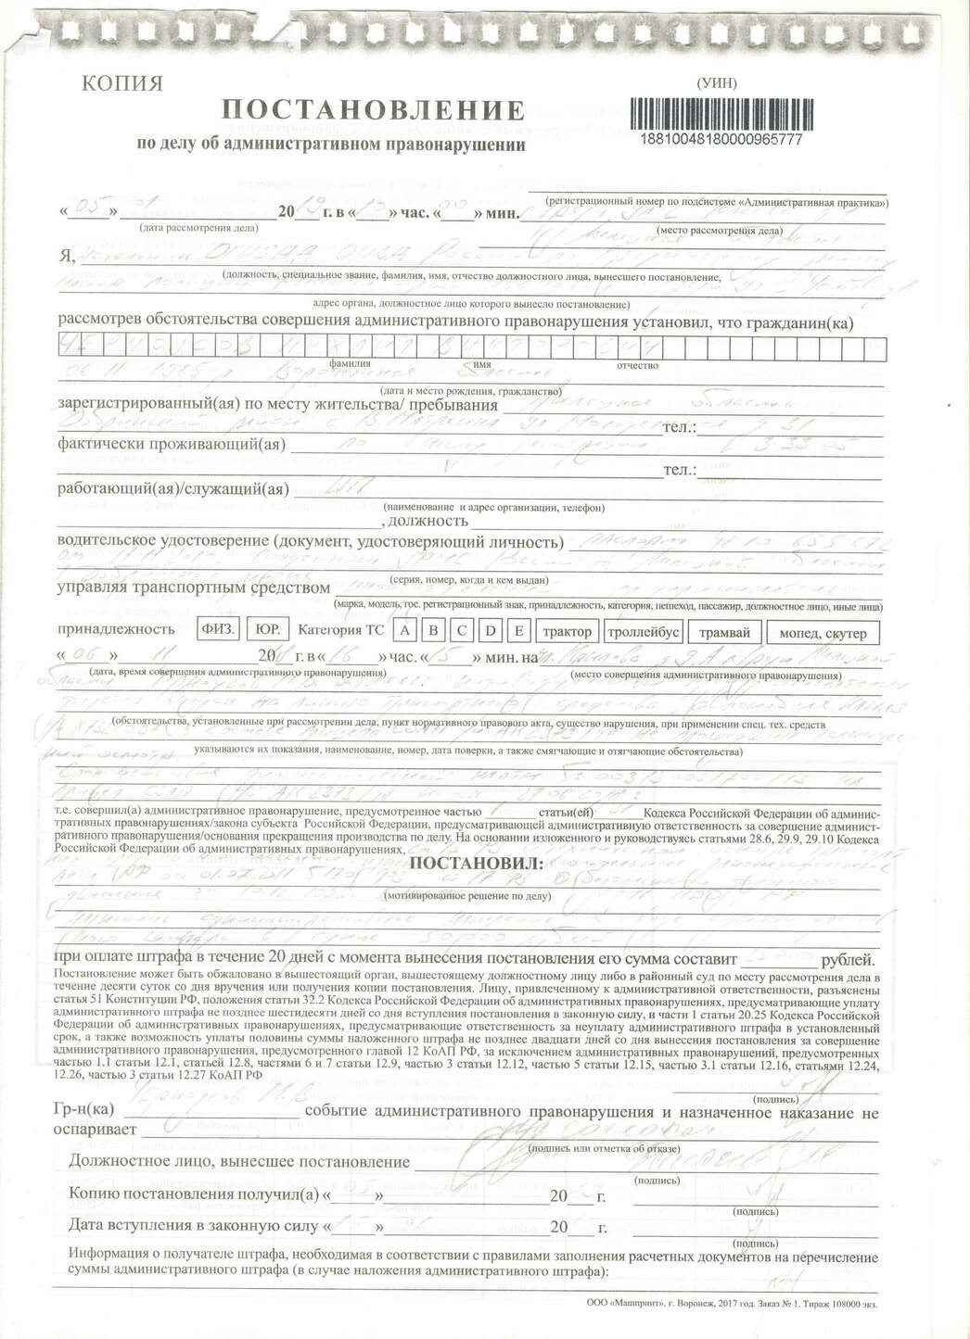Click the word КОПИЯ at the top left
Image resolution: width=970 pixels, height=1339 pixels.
pos(122,83)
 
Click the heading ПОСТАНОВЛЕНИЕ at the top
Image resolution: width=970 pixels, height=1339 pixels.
pos(374,111)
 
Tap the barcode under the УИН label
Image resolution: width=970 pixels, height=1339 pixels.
pos(721,114)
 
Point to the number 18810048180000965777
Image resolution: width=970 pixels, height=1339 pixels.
pos(721,140)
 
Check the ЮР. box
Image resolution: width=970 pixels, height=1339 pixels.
pos(268,629)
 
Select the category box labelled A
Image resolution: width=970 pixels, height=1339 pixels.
pos(404,631)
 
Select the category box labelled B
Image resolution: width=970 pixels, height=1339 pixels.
pos(433,631)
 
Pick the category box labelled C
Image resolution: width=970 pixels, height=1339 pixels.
pos(462,631)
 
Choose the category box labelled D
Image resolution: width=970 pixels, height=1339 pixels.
pos(491,631)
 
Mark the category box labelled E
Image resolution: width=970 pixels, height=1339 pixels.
pos(520,631)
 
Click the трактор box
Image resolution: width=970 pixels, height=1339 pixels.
pos(567,632)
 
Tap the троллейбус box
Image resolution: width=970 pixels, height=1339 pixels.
pos(644,632)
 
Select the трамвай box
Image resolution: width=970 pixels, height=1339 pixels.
pos(724,632)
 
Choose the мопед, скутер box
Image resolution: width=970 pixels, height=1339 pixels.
pos(824,633)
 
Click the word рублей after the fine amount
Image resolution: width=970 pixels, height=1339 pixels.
pos(848,960)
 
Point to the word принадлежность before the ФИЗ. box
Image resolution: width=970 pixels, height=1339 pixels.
pos(117,629)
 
